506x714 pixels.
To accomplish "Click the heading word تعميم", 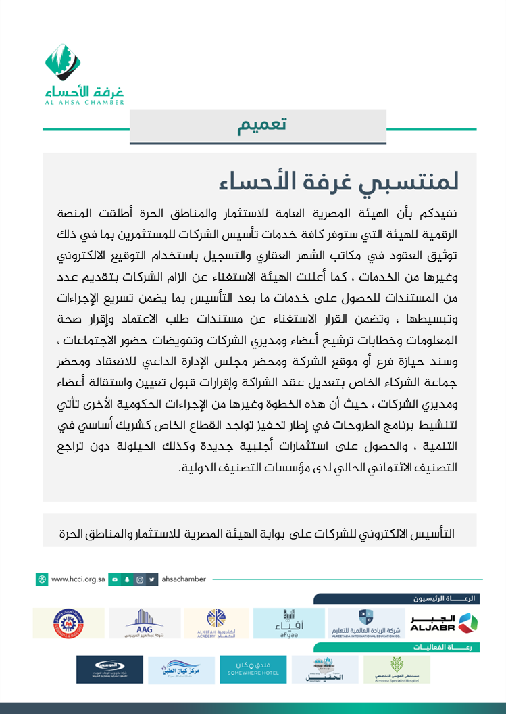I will click(x=262, y=125).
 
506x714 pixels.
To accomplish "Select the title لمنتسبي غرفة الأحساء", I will click(x=338, y=181).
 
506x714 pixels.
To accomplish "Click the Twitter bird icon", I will click(x=153, y=579).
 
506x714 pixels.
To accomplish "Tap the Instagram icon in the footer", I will click(x=140, y=579).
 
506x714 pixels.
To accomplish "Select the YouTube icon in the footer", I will click(x=115, y=579).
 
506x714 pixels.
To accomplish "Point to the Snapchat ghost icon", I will click(x=127, y=579).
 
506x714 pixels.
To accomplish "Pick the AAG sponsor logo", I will click(x=145, y=623).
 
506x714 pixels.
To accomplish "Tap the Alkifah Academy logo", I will click(x=216, y=623).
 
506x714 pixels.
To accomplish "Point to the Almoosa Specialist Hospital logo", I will click(x=397, y=669).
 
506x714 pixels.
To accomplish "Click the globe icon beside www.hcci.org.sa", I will click(x=42, y=579).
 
